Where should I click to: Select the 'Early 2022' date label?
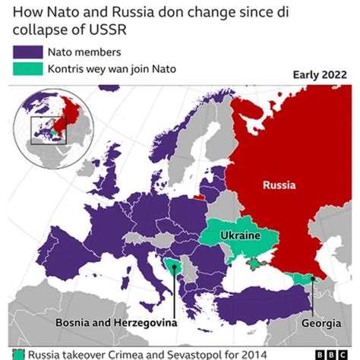click(x=321, y=75)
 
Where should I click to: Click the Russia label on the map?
click(x=279, y=185)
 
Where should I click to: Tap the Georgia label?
click(x=320, y=323)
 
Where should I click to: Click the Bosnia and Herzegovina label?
click(x=115, y=323)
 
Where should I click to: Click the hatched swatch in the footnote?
click(x=20, y=354)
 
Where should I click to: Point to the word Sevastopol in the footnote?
click(x=209, y=354)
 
